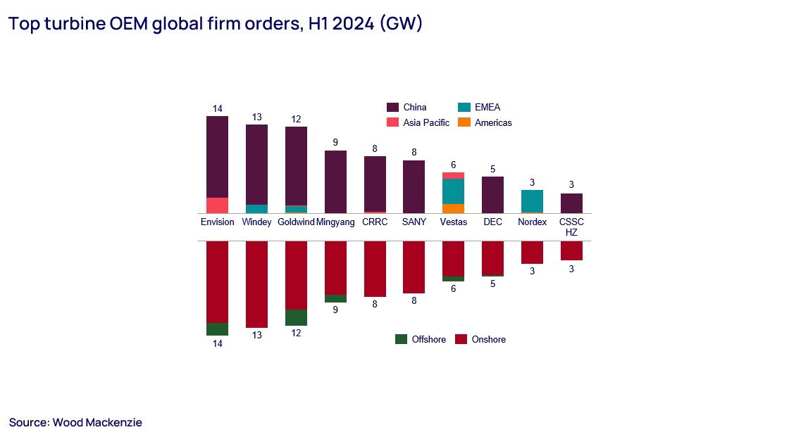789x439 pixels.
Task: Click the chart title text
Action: (x=215, y=24)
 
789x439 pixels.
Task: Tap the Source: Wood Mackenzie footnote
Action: (x=75, y=422)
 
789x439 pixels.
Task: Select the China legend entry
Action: (x=406, y=108)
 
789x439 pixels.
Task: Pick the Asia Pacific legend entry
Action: (x=418, y=122)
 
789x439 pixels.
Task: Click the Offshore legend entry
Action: (x=421, y=339)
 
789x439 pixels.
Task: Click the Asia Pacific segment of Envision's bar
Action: (x=217, y=205)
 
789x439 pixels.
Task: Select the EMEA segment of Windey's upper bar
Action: (x=256, y=209)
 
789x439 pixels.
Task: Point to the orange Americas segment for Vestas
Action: (x=453, y=208)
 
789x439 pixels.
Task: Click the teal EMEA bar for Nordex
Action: (x=532, y=201)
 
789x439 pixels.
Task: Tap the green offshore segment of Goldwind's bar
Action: (x=296, y=317)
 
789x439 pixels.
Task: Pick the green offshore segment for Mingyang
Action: (x=335, y=298)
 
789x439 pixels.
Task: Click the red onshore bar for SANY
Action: (x=414, y=267)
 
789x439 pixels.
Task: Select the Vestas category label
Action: (x=453, y=222)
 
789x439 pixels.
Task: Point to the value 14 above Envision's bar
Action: (x=217, y=108)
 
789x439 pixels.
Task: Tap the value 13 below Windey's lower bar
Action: (x=256, y=336)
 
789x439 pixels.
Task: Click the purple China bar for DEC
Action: (x=492, y=195)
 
